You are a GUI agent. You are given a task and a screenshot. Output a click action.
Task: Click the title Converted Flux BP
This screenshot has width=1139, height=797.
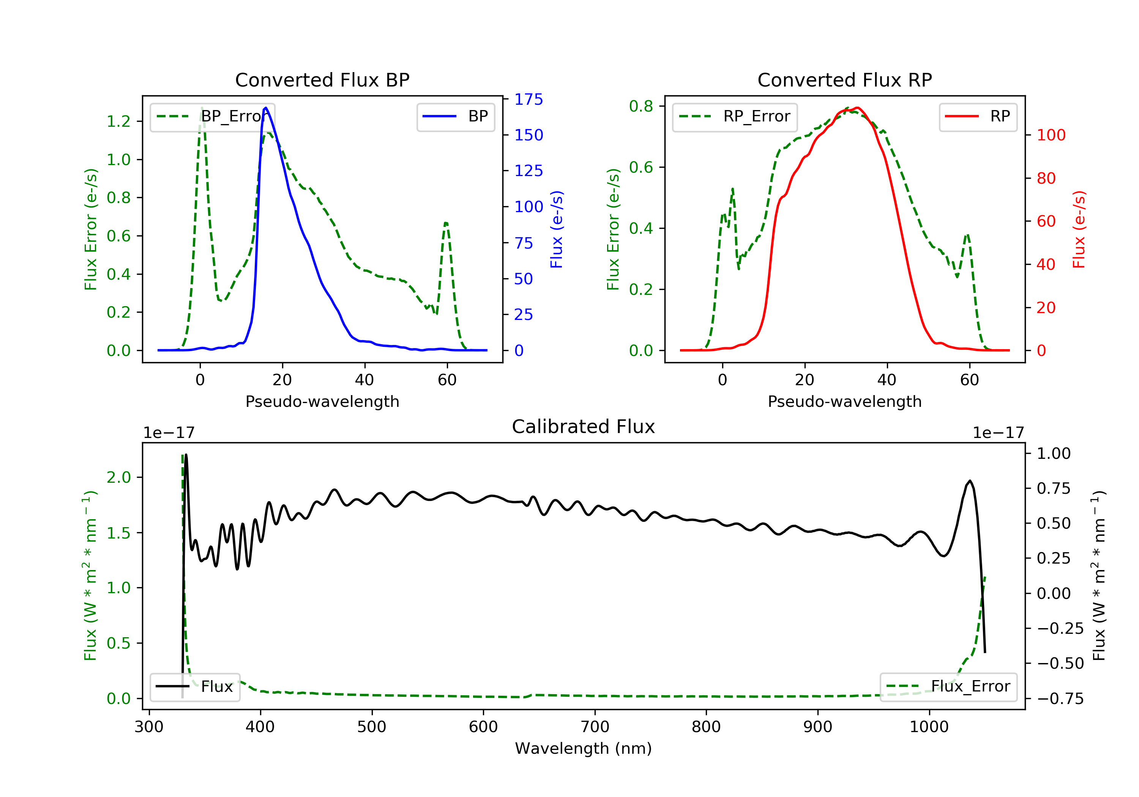coord(322,80)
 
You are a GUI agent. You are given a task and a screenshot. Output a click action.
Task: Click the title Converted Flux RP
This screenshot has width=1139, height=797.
coord(844,80)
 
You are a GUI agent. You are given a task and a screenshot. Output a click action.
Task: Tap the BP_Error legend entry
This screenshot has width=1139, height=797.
coord(212,117)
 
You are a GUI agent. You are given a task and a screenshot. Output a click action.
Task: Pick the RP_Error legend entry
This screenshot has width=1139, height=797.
coord(735,117)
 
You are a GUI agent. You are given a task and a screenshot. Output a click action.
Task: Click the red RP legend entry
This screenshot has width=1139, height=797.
coord(978,117)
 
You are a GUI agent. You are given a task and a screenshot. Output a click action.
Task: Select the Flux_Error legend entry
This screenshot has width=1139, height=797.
coord(948,687)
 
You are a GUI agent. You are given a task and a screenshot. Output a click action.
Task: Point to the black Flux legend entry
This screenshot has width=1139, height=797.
coord(195,687)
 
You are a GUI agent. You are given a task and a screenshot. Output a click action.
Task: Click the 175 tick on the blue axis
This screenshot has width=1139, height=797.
coord(528,100)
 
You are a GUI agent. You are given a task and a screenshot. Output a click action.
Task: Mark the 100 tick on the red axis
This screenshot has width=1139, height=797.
coord(1051,135)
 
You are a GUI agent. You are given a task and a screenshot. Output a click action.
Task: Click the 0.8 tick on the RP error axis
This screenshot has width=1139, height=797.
coord(641,106)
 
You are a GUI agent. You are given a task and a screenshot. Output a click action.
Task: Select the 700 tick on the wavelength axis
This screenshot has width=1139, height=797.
coord(595,727)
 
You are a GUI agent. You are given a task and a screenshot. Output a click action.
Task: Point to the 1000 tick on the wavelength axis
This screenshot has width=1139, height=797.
coord(929,727)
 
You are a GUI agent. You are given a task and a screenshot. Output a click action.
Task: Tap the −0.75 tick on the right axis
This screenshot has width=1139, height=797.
coord(1060,699)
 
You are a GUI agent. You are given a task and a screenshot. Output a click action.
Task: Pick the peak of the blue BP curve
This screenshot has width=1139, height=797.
coord(266,108)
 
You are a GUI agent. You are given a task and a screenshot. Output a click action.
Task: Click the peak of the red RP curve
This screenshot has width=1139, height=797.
coord(857,108)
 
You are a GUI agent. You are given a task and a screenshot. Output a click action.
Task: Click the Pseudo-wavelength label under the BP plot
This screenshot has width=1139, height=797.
coord(322,401)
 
